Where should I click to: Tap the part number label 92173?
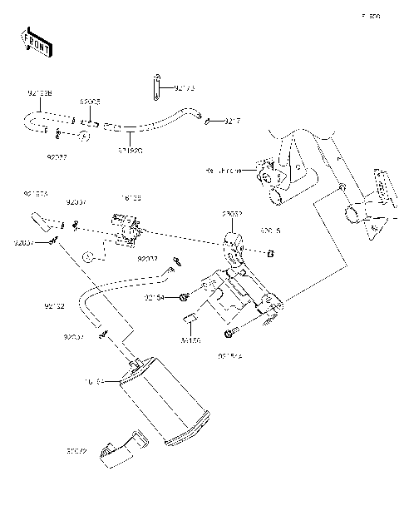coord(185,87)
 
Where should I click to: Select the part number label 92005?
coord(91,102)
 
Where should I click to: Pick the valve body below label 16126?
coord(125,227)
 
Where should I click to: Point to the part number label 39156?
coord(192,340)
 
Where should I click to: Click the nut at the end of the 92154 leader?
coord(184,297)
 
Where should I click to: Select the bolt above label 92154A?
coord(229,334)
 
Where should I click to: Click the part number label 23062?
coord(232,214)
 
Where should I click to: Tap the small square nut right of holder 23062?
coord(269,251)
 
